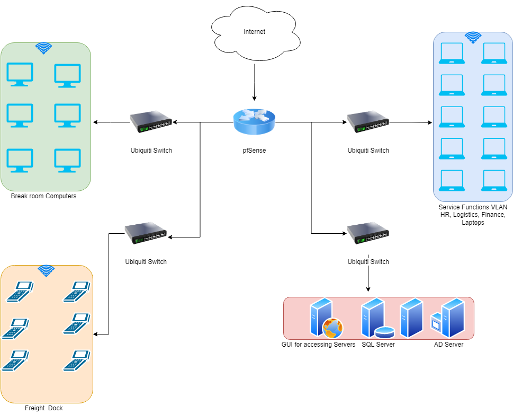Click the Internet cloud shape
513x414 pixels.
254,32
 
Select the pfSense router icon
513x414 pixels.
254,122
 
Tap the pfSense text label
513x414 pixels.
254,151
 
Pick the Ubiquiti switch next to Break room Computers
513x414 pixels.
151,122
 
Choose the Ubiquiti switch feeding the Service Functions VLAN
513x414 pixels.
368,122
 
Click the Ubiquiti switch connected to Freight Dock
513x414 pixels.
146,234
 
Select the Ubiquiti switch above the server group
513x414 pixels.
368,234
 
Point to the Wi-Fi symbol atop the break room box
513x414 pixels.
44,49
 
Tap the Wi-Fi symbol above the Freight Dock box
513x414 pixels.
47,271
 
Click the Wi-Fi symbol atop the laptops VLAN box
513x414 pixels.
473,38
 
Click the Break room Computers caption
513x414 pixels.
43,196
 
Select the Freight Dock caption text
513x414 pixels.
44,408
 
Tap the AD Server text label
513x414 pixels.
445,345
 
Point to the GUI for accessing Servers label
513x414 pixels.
318,345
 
